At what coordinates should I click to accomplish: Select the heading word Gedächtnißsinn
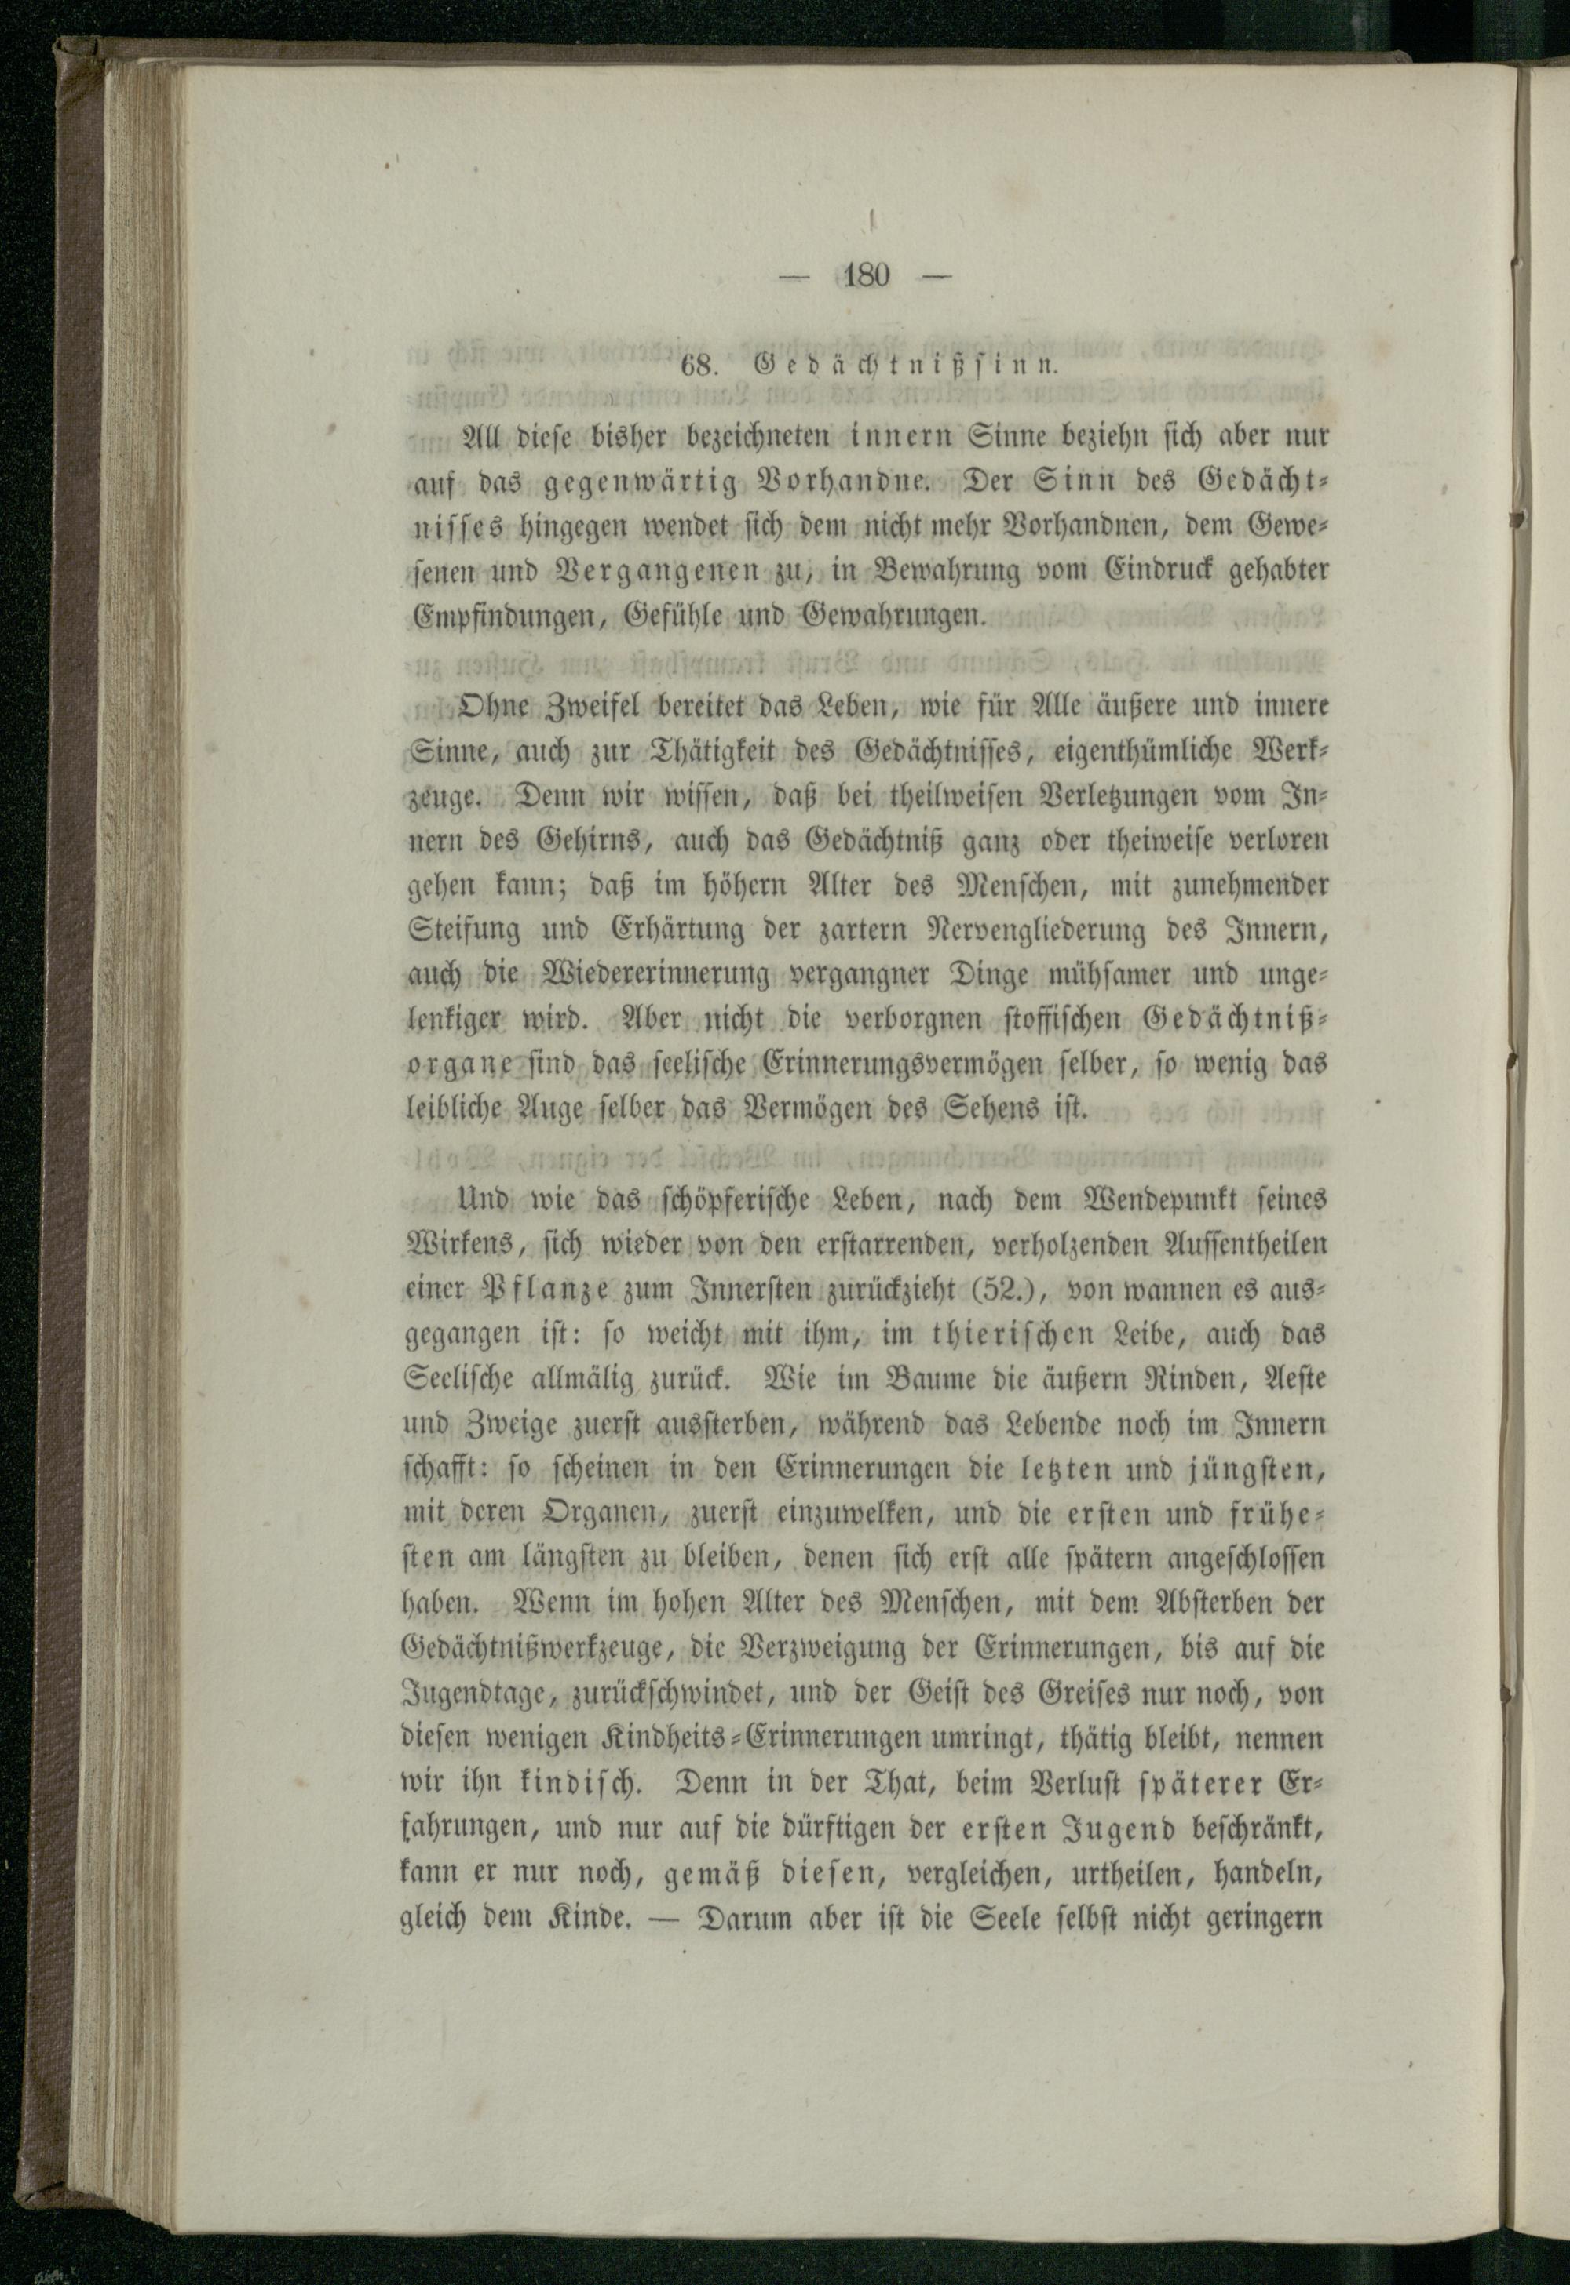coord(905,366)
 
